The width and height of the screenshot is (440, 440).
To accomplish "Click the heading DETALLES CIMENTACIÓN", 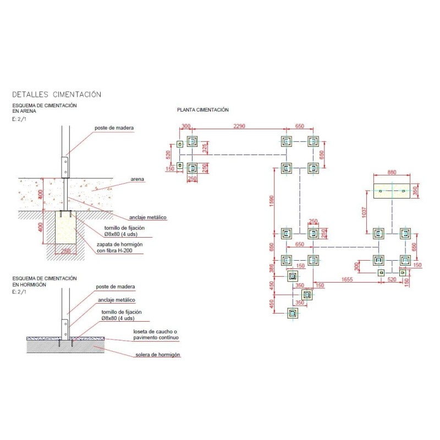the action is pyautogui.click(x=57, y=94).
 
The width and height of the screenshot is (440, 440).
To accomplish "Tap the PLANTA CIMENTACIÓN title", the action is pyautogui.click(x=203, y=109).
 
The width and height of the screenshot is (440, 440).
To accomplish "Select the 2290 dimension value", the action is pyautogui.click(x=239, y=126).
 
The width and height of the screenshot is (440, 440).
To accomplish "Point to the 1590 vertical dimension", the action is pyautogui.click(x=271, y=201).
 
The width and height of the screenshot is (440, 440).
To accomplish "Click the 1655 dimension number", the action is pyautogui.click(x=347, y=279).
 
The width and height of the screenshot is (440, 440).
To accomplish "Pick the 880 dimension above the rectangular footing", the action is pyautogui.click(x=392, y=172).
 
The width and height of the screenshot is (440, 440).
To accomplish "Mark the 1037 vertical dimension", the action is pyautogui.click(x=364, y=212).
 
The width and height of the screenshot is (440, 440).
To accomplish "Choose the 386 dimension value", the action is pyautogui.click(x=271, y=268).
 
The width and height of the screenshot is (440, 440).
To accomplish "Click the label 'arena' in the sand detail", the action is pyautogui.click(x=137, y=179).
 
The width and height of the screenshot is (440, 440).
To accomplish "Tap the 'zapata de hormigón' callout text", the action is pyautogui.click(x=119, y=244).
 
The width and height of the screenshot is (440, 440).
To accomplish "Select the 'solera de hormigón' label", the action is pyautogui.click(x=158, y=355).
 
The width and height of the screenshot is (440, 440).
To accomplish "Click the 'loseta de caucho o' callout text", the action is pyautogui.click(x=155, y=332).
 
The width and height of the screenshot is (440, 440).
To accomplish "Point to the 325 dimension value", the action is pyautogui.click(x=205, y=148).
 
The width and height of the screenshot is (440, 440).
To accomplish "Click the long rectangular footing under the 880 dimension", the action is pyautogui.click(x=392, y=191).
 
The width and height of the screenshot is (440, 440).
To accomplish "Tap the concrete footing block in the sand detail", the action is pyautogui.click(x=65, y=227).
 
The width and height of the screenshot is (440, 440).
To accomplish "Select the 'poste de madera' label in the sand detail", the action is pyautogui.click(x=114, y=128).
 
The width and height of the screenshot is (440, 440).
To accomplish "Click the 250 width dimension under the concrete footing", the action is pyautogui.click(x=65, y=251).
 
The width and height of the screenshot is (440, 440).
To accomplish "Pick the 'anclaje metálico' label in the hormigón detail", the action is pyautogui.click(x=117, y=300).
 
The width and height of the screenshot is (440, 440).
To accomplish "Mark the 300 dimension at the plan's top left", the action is pyautogui.click(x=186, y=126).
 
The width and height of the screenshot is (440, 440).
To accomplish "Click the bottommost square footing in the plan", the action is pyautogui.click(x=293, y=313).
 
